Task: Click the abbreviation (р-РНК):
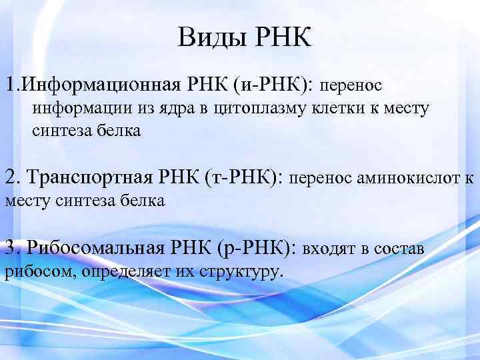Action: [257, 249]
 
